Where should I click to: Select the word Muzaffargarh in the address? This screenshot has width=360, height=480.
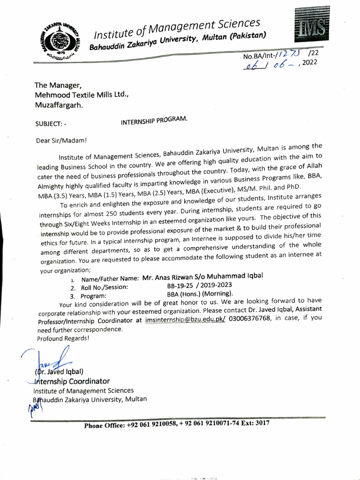tap(59, 105)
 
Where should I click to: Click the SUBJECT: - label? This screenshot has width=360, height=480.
tap(51, 124)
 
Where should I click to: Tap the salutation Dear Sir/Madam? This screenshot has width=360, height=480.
tap(61, 140)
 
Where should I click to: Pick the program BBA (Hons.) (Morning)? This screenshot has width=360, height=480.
tap(200, 294)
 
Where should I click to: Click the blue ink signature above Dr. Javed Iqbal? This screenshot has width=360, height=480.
tap(52, 359)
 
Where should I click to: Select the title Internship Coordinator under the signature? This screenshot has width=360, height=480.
tap(71, 381)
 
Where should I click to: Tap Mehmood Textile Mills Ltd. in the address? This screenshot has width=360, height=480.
tap(81, 95)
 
